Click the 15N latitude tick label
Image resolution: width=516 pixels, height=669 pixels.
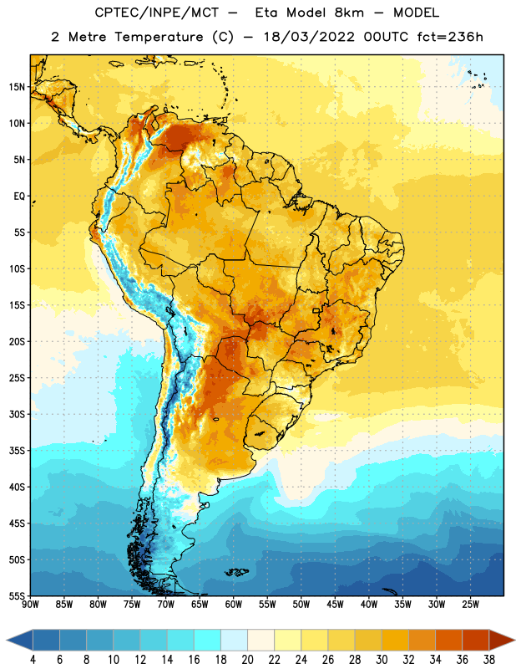point(17,87)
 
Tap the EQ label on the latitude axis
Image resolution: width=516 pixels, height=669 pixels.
point(19,197)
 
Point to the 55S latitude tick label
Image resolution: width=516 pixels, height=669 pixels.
point(17,596)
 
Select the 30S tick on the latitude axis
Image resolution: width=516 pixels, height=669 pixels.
point(17,414)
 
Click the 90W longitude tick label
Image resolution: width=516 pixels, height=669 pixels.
point(30,605)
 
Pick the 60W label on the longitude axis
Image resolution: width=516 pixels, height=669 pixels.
point(234,605)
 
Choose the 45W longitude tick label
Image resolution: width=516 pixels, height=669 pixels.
point(335,605)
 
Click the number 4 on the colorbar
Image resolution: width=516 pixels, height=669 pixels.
point(33,660)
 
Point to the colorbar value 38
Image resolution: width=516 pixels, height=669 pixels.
point(489,660)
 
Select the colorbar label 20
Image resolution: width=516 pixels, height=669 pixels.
point(247,660)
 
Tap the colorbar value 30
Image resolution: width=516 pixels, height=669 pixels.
point(382,660)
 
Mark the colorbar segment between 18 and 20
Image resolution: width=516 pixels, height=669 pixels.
point(235,640)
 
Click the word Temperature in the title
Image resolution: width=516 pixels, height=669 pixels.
point(159,37)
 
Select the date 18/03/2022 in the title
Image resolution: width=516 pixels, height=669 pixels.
point(309,37)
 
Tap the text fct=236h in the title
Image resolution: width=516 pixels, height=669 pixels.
point(450,37)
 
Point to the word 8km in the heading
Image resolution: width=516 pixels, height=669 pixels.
point(349,13)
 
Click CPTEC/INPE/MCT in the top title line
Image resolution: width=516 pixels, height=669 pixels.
point(157,13)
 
